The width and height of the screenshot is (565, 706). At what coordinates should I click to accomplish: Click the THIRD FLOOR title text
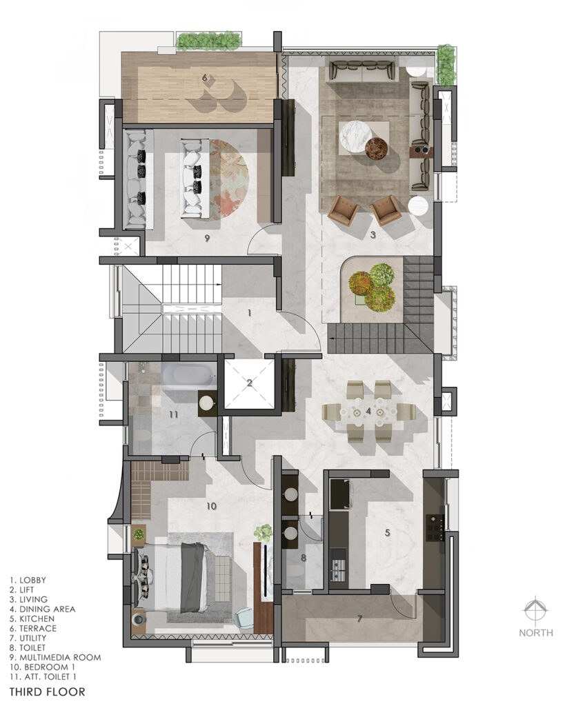(x=47, y=692)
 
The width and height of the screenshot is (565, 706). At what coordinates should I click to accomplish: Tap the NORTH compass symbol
(x=535, y=611)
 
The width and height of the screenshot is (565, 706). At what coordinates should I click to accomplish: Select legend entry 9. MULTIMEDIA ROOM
(x=55, y=657)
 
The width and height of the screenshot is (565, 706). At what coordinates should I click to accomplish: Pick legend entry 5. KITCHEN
(x=32, y=618)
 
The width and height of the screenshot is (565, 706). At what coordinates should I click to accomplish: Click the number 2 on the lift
(x=249, y=383)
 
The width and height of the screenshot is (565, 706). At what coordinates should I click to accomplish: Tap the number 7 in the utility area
(x=359, y=619)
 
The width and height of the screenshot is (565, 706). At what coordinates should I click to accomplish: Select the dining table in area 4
(x=368, y=412)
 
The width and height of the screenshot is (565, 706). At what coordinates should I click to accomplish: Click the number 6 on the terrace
(x=205, y=78)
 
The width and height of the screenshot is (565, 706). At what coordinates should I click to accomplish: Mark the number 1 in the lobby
(x=249, y=312)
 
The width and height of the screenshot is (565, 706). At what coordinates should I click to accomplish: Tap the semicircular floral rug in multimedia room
(x=228, y=179)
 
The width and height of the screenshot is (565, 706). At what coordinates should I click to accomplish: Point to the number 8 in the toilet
(x=304, y=558)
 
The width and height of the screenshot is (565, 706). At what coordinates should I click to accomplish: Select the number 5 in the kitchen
(x=387, y=533)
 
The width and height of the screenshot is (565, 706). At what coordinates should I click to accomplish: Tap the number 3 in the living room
(x=373, y=234)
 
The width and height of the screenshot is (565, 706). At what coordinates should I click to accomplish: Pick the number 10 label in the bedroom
(x=211, y=506)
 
